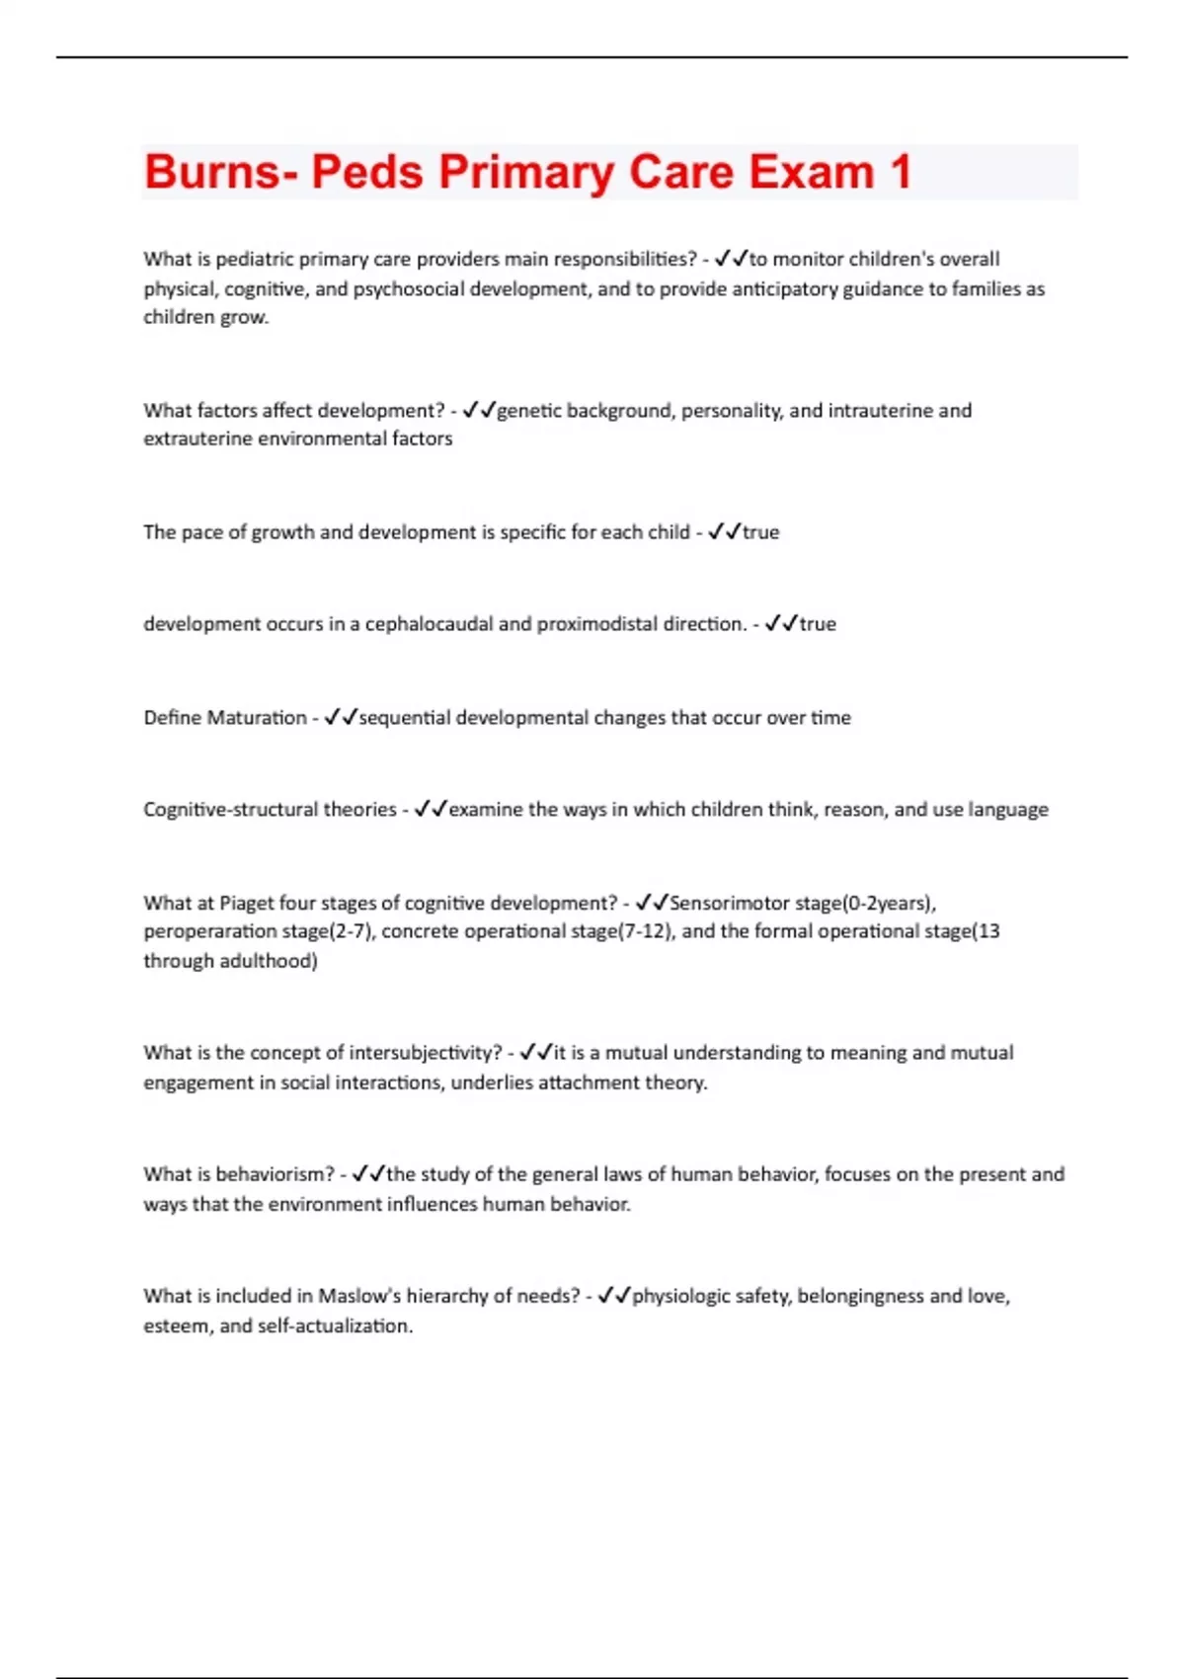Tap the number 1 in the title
[900, 172]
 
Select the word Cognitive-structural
[270, 809]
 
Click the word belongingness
[860, 1296]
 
